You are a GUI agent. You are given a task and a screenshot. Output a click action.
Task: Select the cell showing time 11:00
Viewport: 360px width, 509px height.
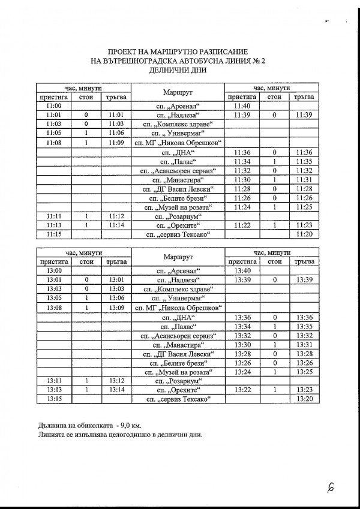point(53,106)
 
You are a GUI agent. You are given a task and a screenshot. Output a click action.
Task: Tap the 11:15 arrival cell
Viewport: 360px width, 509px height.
point(53,235)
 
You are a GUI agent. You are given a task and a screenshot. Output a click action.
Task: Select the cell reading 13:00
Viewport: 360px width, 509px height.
point(53,271)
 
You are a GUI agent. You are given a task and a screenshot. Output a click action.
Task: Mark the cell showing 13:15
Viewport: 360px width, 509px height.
point(53,399)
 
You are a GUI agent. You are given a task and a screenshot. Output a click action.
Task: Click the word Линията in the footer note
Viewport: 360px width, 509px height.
point(50,435)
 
